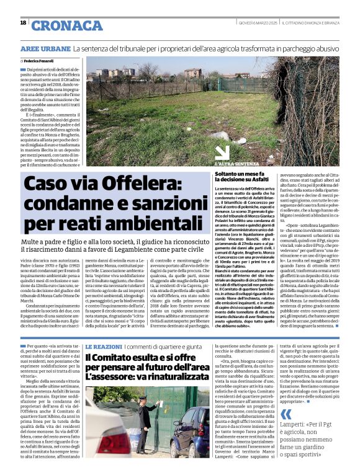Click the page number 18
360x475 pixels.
tap(23, 23)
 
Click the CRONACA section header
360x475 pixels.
tap(66, 25)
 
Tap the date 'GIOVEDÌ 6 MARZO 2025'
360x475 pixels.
tap(261, 24)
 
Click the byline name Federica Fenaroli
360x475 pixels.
tap(40, 61)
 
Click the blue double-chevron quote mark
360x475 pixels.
tap(286, 415)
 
